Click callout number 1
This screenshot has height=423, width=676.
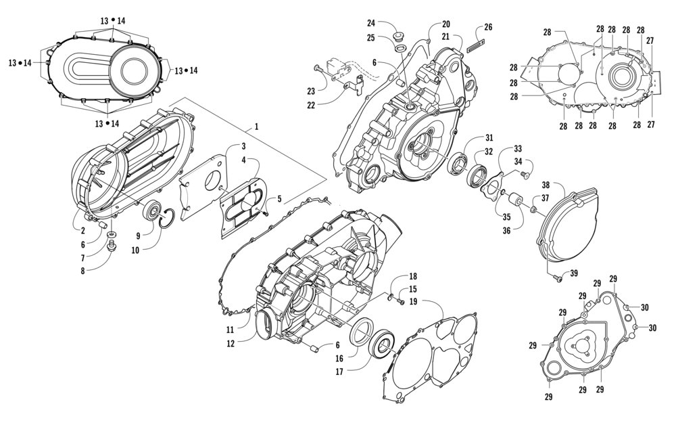pos(256,127)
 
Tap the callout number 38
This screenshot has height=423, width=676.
pos(546,185)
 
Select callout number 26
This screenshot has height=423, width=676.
pos(487,27)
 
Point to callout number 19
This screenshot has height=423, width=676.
pos(413,301)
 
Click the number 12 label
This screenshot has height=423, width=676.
pos(231,344)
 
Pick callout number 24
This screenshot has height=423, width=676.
pos(371,23)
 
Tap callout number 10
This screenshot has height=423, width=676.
pos(135,250)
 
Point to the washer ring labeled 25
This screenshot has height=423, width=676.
pos(400,48)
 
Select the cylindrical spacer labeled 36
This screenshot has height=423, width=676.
pos(514,202)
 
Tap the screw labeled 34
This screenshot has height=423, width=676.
pos(525,175)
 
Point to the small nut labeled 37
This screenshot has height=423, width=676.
pos(533,209)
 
